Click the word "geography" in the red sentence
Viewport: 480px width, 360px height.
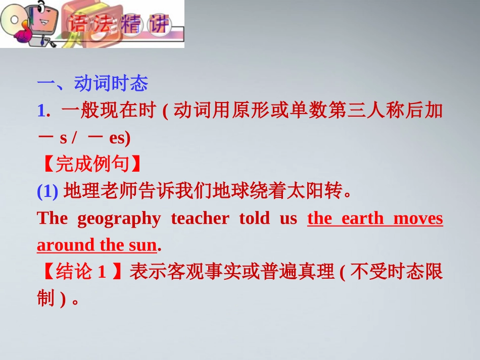(x=119, y=219)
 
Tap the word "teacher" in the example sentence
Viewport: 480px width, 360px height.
(x=200, y=219)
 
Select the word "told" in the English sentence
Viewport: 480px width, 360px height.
(x=255, y=219)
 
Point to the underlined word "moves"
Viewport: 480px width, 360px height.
(x=418, y=219)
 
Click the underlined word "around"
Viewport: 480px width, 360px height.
(x=66, y=245)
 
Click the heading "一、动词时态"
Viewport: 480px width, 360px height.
(x=92, y=83)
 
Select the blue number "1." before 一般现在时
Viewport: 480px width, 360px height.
(x=43, y=111)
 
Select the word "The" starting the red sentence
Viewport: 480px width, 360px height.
(x=52, y=219)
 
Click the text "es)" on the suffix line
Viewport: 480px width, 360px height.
(x=120, y=137)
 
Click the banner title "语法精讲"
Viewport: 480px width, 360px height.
(x=119, y=24)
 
